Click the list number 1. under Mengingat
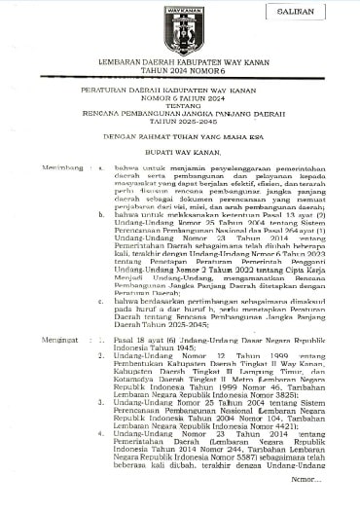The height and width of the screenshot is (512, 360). pos(103,340)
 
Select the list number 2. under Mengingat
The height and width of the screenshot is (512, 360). pos(103,356)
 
